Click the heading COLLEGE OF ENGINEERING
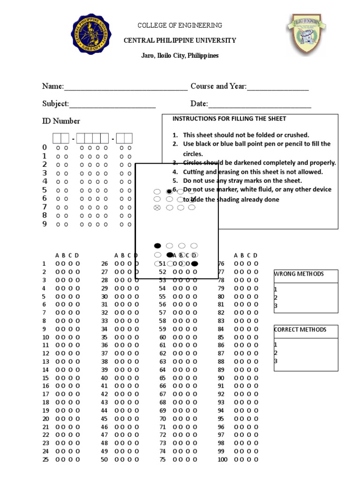[180, 25]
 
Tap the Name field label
[52, 86]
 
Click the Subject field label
[55, 104]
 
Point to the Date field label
[199, 104]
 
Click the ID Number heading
[61, 121]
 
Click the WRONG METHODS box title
[299, 274]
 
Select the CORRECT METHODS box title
[300, 330]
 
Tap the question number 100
[222, 460]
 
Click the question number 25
[45, 460]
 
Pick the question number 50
[104, 460]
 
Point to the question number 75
[163, 460]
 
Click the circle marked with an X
[157, 207]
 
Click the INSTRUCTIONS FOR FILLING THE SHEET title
[229, 119]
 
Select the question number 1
[44, 263]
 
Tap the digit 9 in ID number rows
[45, 224]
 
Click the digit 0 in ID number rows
[45, 148]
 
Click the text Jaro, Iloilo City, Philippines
[180, 56]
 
